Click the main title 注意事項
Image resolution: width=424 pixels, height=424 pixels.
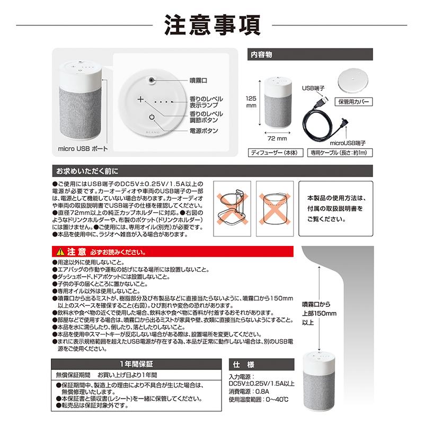tap(211, 23)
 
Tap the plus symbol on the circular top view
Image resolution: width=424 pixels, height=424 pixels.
tap(140, 99)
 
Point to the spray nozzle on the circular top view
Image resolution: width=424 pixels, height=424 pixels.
tap(152, 80)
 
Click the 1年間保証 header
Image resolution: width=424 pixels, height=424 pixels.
tap(135, 364)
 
